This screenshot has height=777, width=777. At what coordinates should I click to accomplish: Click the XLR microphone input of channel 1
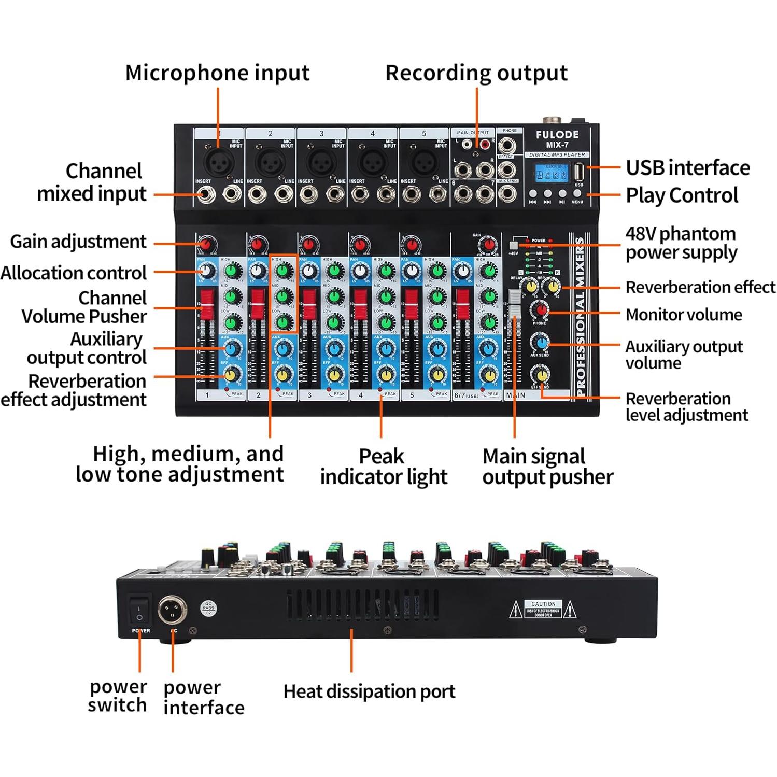pos(218,163)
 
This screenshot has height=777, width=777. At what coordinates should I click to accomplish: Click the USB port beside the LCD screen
pos(578,173)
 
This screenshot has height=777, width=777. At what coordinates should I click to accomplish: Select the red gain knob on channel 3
pos(308,245)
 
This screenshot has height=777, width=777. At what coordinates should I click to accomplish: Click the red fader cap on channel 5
pos(412,304)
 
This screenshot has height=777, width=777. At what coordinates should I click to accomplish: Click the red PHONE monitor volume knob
pos(540,310)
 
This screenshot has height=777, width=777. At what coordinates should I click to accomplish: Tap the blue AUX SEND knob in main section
pos(540,343)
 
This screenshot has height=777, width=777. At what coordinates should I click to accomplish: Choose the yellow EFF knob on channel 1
pos(233,373)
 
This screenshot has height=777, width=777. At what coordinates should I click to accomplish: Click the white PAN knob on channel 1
pos(207,271)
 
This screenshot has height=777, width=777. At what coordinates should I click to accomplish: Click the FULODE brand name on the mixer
pos(557,135)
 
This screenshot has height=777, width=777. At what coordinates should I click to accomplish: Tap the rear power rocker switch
pos(139,611)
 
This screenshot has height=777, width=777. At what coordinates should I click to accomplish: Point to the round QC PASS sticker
pos(208,609)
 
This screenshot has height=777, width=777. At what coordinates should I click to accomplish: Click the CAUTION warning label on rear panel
pos(543,610)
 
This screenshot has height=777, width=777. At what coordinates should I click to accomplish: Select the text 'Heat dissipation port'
pos(369,691)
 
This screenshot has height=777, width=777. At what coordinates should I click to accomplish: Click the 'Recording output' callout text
pos(476,73)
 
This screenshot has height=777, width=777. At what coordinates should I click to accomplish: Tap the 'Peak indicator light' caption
pos(383,466)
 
